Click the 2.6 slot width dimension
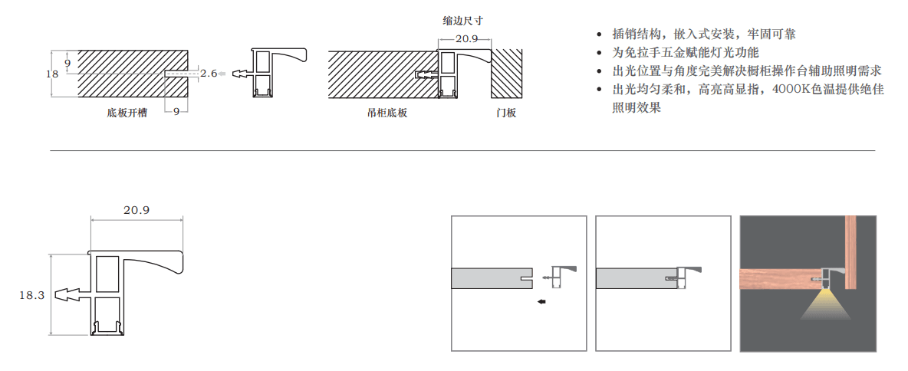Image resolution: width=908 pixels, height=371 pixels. [x=209, y=74]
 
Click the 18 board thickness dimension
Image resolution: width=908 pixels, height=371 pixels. [x=52, y=74]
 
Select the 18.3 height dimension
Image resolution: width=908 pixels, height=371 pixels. [x=32, y=294]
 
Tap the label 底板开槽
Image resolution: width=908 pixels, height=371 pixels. [x=127, y=113]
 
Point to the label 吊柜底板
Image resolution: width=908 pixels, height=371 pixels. [x=387, y=113]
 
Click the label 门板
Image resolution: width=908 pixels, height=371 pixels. [x=506, y=113]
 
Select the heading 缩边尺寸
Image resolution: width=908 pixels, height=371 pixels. [x=462, y=21]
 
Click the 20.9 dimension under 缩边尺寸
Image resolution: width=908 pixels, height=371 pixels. [x=466, y=39]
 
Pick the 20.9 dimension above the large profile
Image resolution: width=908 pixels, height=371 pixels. [x=136, y=209]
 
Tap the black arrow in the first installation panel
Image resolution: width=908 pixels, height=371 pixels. [x=541, y=302]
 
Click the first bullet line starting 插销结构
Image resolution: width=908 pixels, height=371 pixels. [x=703, y=34]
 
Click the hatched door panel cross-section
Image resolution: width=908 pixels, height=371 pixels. [x=506, y=74]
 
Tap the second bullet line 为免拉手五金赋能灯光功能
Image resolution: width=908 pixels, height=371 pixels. [x=685, y=53]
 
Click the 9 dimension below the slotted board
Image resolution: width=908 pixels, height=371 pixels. [x=176, y=112]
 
